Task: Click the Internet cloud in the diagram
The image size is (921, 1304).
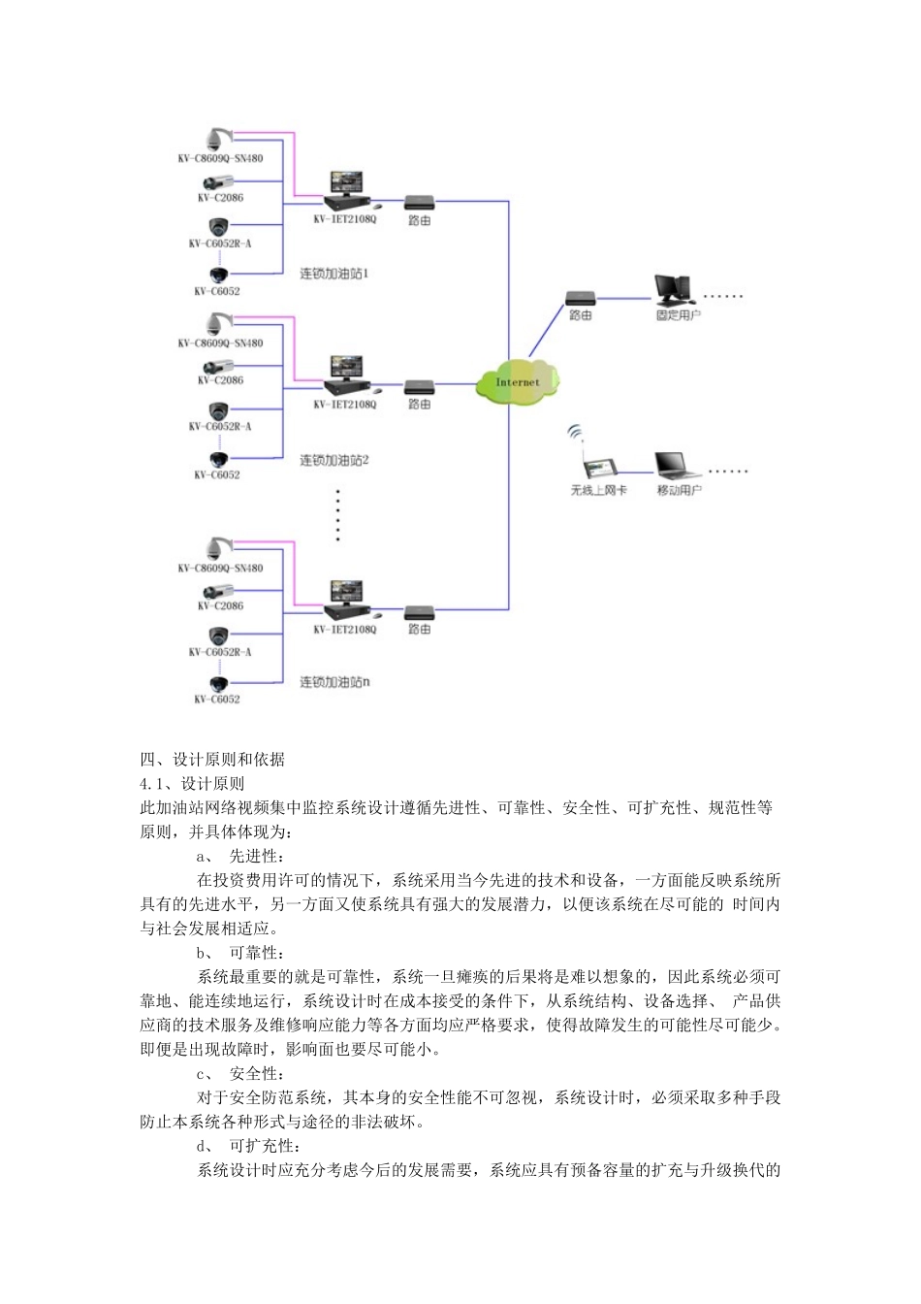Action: [x=518, y=381]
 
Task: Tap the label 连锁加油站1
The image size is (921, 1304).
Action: [x=333, y=274]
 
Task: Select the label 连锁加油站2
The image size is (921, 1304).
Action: [x=333, y=460]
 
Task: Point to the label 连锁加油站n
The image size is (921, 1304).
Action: [x=333, y=683]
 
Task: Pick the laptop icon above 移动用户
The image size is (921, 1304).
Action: [x=677, y=466]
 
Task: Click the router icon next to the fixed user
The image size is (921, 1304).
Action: [x=580, y=297]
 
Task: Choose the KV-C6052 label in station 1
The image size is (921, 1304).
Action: [x=217, y=291]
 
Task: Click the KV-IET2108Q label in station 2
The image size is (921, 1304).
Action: [x=344, y=405]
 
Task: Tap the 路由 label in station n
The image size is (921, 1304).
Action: [x=420, y=630]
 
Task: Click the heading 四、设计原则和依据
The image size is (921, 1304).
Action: [x=212, y=759]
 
